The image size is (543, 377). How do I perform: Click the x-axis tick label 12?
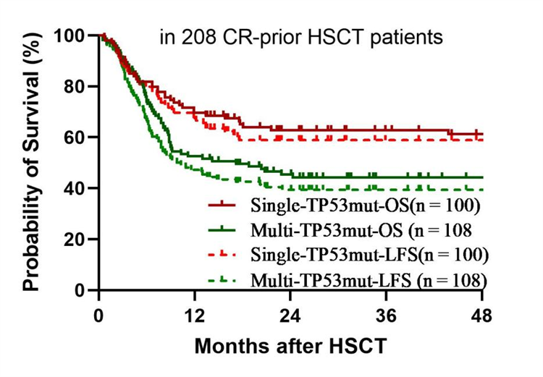click(x=194, y=316)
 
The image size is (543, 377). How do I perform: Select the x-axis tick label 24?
click(x=290, y=316)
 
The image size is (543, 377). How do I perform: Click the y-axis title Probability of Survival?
click(x=31, y=161)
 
